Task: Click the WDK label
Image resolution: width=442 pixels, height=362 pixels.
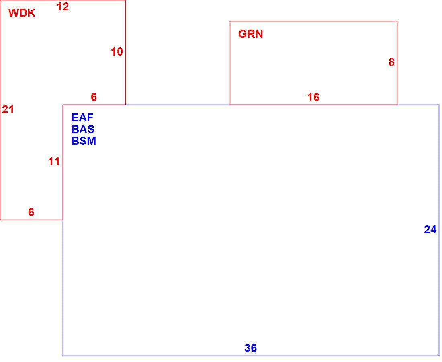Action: pos(22,13)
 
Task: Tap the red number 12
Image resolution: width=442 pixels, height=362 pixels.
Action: pos(63,7)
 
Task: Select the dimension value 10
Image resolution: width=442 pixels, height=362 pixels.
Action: pos(117,52)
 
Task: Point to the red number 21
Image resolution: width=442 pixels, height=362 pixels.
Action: pos(8,109)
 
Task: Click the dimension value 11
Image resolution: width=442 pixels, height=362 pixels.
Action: pos(54,162)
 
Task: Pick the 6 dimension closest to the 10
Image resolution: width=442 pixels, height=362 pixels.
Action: pos(94,97)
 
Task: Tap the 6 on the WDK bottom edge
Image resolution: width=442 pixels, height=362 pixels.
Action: pos(31,212)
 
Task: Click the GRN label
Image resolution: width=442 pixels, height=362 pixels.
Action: pos(251,34)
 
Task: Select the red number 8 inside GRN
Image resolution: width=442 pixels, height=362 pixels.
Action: pos(391,62)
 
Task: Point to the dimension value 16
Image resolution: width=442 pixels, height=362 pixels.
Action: pos(313,97)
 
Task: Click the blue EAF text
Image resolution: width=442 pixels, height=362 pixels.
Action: pos(82,118)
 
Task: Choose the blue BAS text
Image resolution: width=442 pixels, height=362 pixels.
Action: pos(83,129)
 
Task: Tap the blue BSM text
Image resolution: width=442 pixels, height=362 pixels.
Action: pos(84,141)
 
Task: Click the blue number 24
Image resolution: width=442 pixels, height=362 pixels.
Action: pos(430,230)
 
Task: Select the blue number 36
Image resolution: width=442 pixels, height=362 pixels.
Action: pos(251,348)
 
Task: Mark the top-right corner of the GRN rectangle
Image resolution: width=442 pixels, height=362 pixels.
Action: pos(397,21)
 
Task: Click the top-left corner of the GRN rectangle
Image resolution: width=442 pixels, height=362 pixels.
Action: pos(230,21)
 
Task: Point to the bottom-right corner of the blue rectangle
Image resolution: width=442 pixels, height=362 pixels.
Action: pos(439,356)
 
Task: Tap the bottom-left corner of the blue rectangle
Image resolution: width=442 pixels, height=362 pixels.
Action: pos(63,356)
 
